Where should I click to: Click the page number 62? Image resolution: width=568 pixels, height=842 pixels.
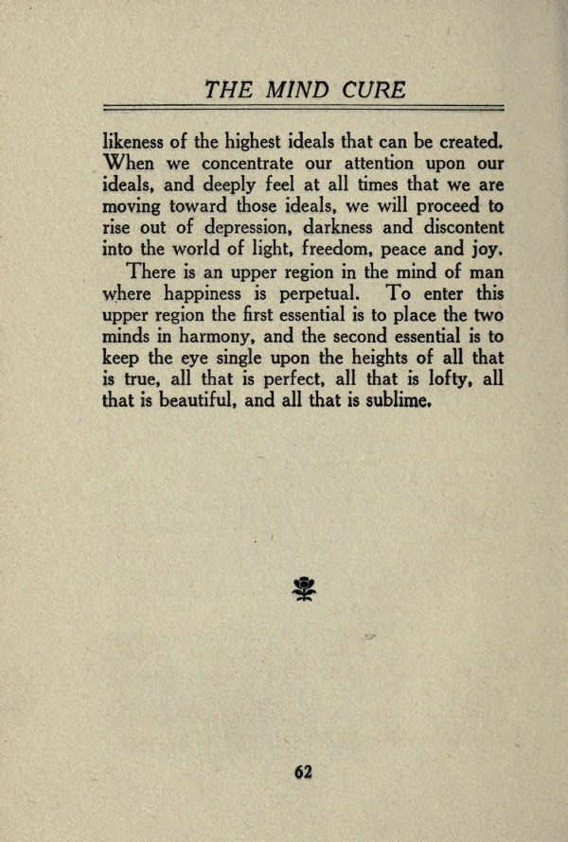click(x=303, y=771)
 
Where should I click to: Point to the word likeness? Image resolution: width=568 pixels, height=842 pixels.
click(x=135, y=143)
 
